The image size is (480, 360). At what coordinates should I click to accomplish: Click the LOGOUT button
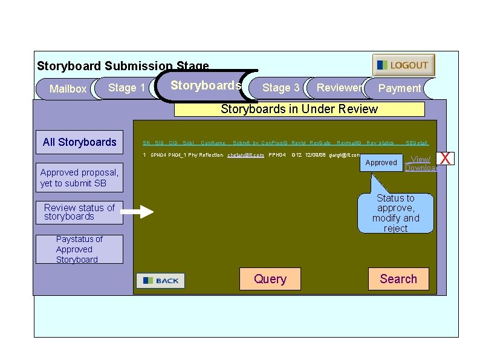403,65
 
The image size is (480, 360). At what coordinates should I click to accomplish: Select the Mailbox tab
67,89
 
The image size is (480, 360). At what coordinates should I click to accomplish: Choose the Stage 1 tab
126,88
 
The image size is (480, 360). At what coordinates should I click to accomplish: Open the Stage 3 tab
281,88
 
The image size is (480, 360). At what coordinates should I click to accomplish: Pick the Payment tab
399,88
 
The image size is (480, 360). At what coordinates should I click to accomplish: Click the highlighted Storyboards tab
206,85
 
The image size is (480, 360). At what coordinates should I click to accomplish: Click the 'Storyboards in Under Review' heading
299,109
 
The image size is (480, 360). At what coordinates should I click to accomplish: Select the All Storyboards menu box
80,142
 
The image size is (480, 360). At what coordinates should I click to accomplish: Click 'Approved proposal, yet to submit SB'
79,178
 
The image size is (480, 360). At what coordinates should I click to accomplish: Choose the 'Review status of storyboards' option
79,212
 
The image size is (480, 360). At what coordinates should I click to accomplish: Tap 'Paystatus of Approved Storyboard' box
79,249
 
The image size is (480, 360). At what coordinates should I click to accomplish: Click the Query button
270,279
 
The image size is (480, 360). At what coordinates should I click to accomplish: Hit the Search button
398,279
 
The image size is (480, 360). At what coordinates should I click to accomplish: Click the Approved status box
381,163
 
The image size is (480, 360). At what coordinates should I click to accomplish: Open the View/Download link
421,163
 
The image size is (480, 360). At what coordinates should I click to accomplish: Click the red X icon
446,159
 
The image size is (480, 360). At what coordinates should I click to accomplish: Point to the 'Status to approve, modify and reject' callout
395,213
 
